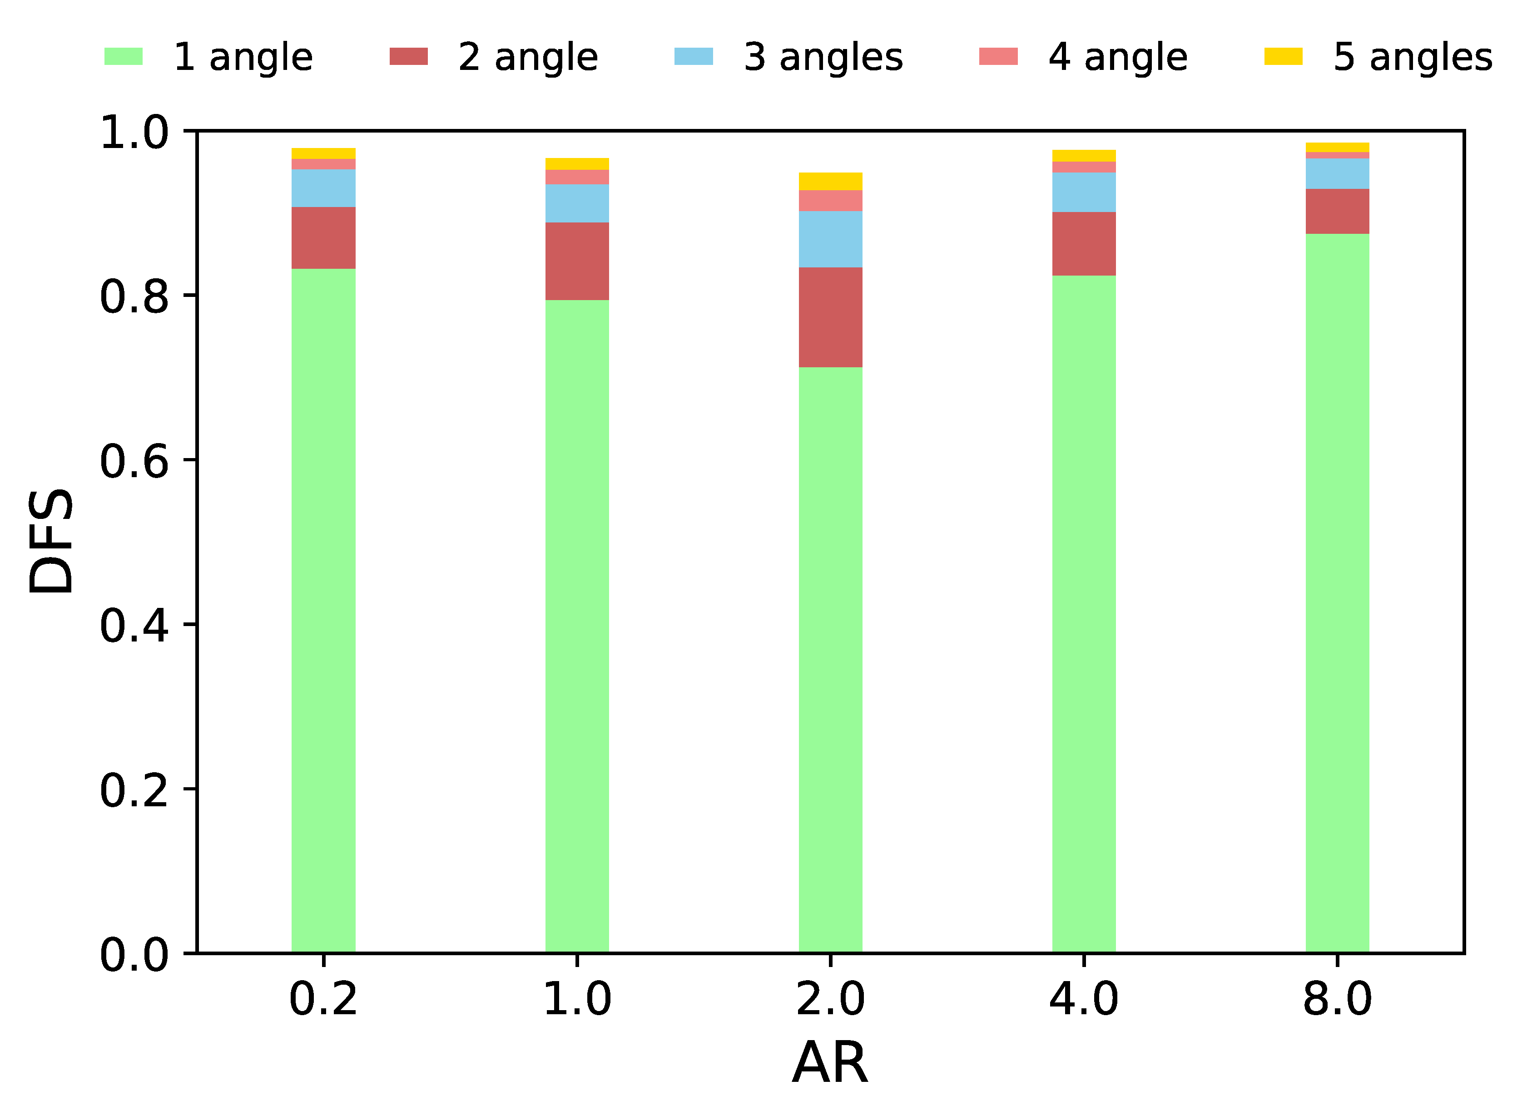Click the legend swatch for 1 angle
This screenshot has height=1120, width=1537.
click(x=124, y=56)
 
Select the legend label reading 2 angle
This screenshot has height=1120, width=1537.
click(x=528, y=57)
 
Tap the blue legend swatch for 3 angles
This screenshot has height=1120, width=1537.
click(x=693, y=56)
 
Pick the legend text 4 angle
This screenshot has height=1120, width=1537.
click(x=1118, y=57)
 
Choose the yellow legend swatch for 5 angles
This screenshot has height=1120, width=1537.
click(x=1283, y=56)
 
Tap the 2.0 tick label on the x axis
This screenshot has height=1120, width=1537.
click(x=830, y=999)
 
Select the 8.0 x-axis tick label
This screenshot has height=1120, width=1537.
click(x=1337, y=999)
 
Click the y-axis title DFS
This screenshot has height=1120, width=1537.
click(x=51, y=541)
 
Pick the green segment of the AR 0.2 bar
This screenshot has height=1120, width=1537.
click(x=323, y=610)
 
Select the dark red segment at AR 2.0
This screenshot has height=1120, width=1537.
click(x=830, y=317)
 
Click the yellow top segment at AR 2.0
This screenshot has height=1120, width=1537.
click(x=830, y=181)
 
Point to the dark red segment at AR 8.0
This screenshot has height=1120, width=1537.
click(x=1337, y=212)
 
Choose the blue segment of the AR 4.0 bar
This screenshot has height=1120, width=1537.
click(x=1084, y=192)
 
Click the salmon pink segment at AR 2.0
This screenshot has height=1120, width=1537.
click(x=830, y=201)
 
